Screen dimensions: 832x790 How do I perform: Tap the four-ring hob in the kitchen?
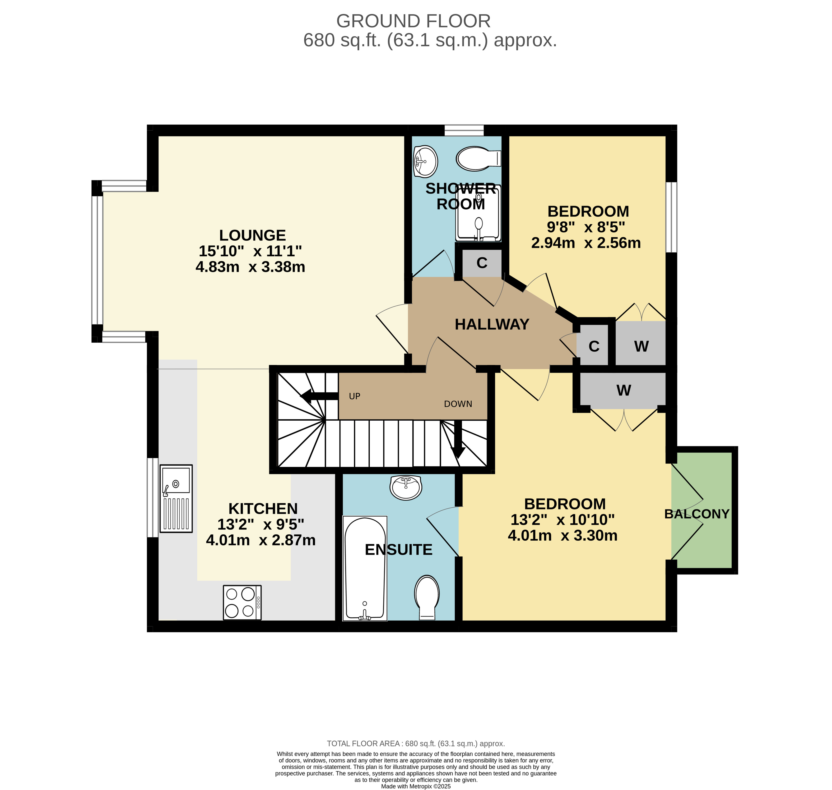242,603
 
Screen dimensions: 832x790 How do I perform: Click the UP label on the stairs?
355,396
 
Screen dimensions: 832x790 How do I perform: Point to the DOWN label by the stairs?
458,404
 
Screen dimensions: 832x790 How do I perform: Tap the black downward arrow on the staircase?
458,439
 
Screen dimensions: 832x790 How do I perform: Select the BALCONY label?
697,514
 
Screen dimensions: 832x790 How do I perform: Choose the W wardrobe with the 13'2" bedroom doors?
623,390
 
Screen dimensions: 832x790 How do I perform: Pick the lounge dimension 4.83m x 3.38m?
250,267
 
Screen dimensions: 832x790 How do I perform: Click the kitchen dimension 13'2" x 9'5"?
261,524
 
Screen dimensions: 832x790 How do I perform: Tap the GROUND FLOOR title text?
413,21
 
